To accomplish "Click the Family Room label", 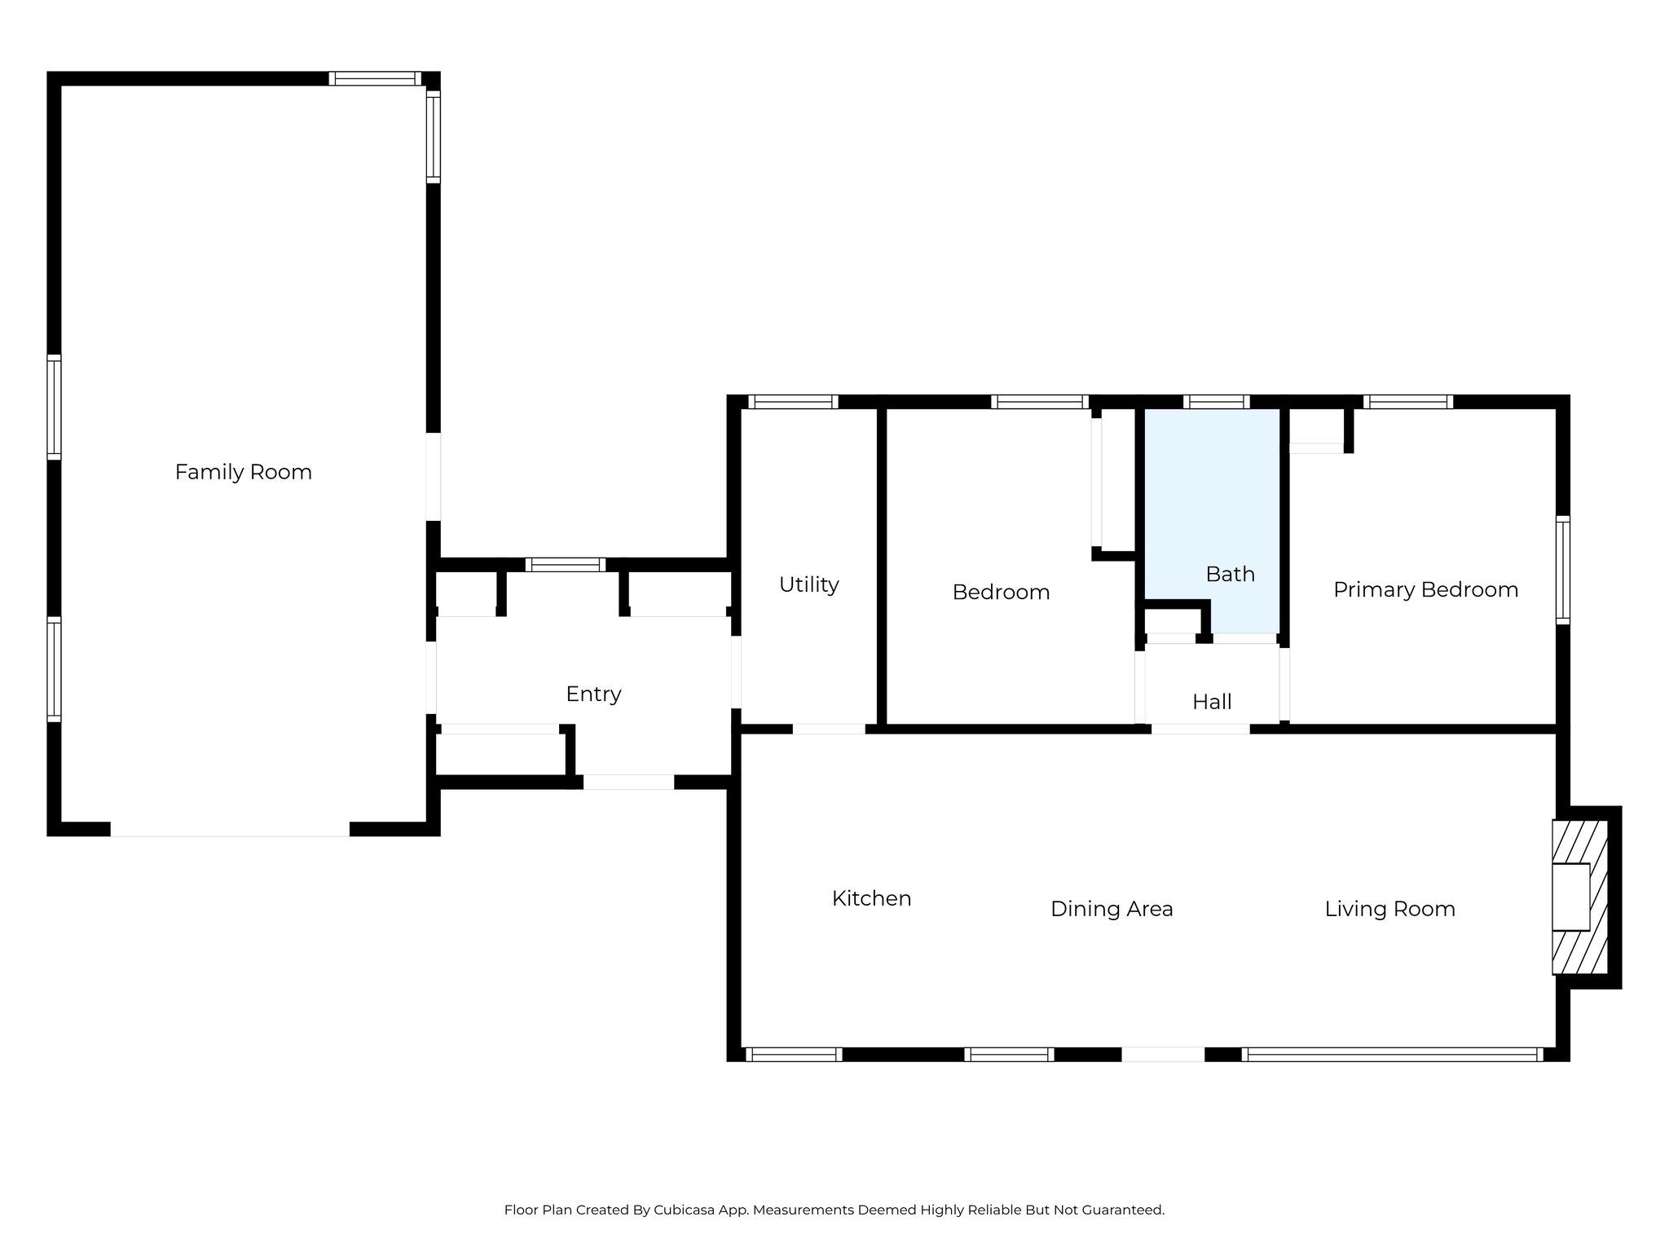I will coord(243,472).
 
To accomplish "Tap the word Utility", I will coord(808,584).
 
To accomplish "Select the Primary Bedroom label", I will coord(1425,589).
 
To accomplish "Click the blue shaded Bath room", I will coord(1212,505).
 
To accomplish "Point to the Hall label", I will coord(1212,702).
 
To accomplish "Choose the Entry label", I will coord(593,694).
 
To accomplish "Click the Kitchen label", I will coord(871,898).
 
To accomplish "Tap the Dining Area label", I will coord(1112,909).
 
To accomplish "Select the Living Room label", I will coord(1389,909).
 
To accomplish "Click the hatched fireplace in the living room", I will coord(1580,897).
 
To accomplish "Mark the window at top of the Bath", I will coord(1216,401).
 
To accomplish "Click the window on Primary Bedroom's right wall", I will coord(1562,571).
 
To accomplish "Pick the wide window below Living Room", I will coord(1392,1054).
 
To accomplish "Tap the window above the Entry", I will coord(566,564).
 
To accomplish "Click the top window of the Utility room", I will coord(793,401).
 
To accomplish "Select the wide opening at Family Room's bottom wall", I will coord(230,829).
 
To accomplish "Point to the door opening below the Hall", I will coord(1200,729).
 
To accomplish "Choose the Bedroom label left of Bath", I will coord(1001,592).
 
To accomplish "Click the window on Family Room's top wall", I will coord(376,79).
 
